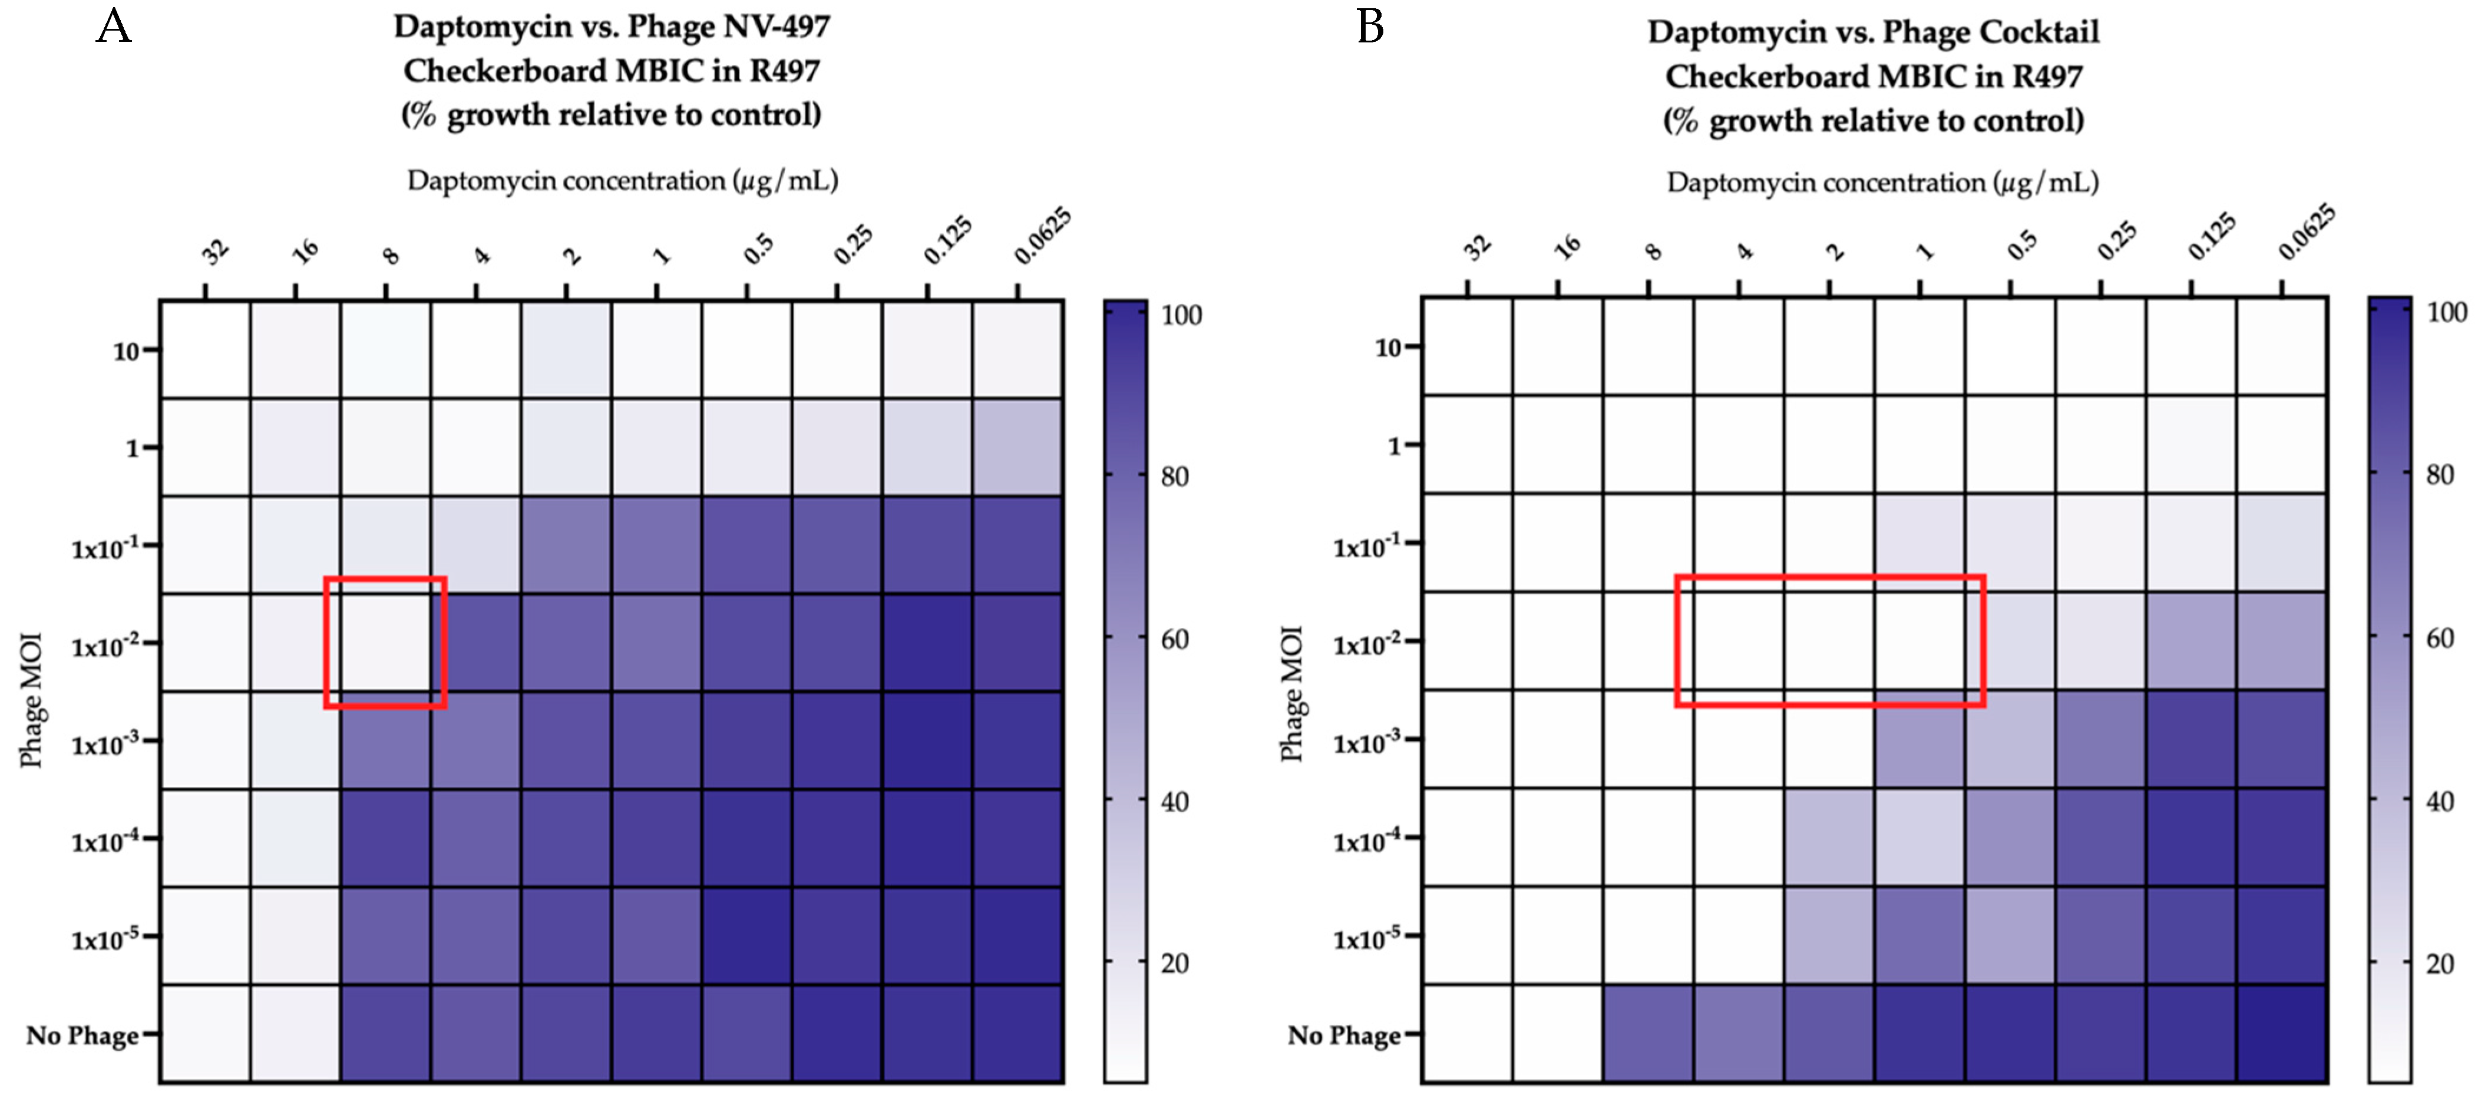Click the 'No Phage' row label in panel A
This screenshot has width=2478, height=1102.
pos(82,1035)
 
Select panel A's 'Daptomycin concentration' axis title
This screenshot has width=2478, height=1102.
pos(622,181)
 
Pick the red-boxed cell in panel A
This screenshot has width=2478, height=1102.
pos(385,643)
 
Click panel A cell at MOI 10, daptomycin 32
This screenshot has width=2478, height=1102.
pos(205,349)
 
